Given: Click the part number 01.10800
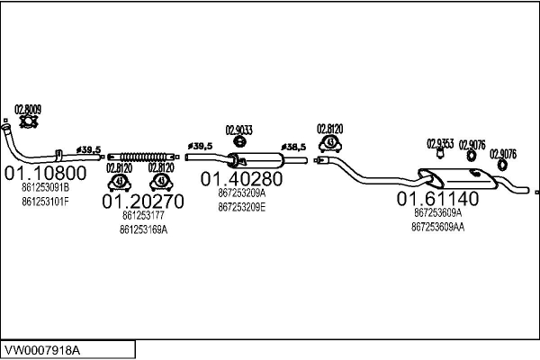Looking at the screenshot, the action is point(45,173).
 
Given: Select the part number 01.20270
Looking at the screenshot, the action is point(143,202).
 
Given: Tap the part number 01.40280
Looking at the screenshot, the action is point(241,179).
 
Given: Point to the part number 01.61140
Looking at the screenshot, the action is point(437,199).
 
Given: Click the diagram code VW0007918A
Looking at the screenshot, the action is point(41,351).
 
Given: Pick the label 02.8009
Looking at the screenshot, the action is point(28,110).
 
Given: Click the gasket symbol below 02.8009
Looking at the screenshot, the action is point(28,121).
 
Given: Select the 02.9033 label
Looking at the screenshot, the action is point(239,130).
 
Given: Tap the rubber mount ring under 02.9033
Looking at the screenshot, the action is point(239,141).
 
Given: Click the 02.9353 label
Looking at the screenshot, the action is point(440,144).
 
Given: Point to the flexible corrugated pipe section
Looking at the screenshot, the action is point(143,157).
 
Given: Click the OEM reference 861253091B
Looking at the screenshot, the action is point(46,188).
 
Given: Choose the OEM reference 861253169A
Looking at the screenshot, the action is point(143,229).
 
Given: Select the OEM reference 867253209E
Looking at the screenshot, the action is point(242,207).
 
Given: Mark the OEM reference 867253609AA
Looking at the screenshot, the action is point(437,228).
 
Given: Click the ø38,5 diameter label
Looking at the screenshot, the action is point(293,147).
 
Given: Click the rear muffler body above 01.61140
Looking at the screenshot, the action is point(458,179).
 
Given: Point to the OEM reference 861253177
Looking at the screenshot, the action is point(143,216).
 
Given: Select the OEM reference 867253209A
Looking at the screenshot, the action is point(242,193).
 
